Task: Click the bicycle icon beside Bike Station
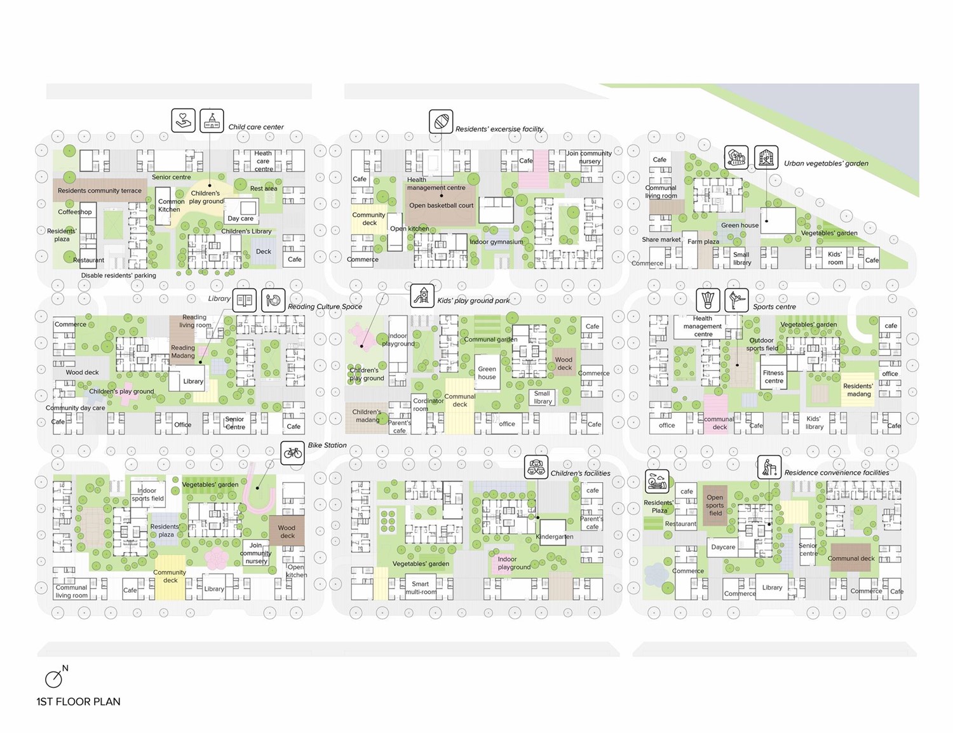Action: (x=292, y=453)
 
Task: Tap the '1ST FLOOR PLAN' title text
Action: (x=78, y=701)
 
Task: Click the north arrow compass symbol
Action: (x=55, y=677)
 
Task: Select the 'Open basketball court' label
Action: (x=441, y=205)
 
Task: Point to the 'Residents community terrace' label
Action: (x=100, y=191)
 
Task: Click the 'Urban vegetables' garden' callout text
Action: (x=826, y=163)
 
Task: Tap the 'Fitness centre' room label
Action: (x=773, y=377)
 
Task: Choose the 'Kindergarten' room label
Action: (x=554, y=537)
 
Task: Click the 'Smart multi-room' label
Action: (x=421, y=588)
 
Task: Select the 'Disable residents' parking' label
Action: (x=118, y=276)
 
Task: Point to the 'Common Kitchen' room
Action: (x=168, y=205)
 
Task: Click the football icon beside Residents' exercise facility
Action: (x=440, y=121)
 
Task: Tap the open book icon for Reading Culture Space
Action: (x=244, y=300)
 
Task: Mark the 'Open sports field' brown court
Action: (x=715, y=505)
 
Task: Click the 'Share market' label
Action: (x=661, y=239)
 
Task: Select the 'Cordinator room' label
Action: (x=428, y=405)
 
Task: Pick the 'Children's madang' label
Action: (x=367, y=415)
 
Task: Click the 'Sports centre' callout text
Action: (x=774, y=307)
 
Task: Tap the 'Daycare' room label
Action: (x=723, y=547)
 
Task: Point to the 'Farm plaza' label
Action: (x=703, y=241)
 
